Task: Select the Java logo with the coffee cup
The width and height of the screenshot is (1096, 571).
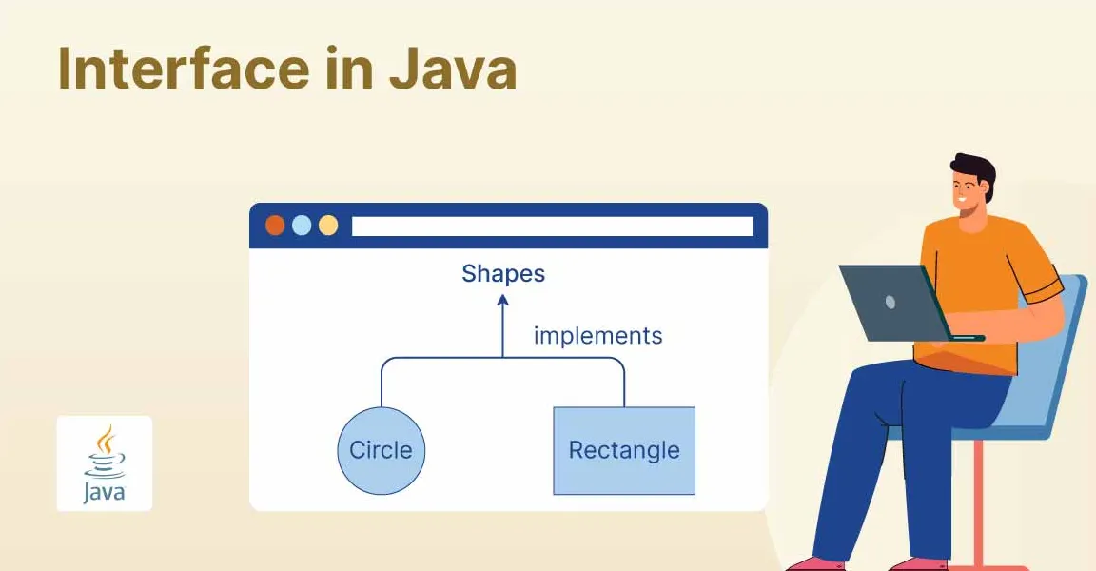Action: (x=104, y=463)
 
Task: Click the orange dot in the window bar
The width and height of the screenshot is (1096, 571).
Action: (x=275, y=226)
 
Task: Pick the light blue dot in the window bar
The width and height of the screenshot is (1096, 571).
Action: (x=302, y=226)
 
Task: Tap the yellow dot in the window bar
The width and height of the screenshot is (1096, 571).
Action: (x=328, y=226)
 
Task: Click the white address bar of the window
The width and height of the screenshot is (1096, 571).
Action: (x=552, y=226)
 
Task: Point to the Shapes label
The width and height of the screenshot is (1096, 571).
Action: (x=503, y=274)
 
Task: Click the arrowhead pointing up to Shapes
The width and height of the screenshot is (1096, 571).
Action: (x=503, y=301)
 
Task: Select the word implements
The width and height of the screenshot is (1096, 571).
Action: (x=597, y=336)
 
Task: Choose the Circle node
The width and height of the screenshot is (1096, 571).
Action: (x=382, y=451)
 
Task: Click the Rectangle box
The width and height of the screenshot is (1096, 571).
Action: (x=624, y=451)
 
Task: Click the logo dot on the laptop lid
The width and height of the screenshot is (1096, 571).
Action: (x=890, y=302)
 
